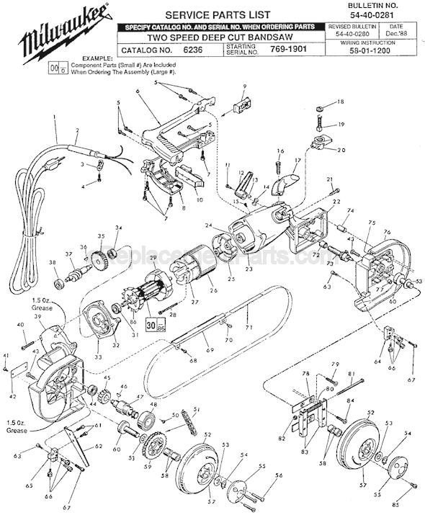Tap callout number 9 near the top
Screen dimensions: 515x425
tap(244, 87)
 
